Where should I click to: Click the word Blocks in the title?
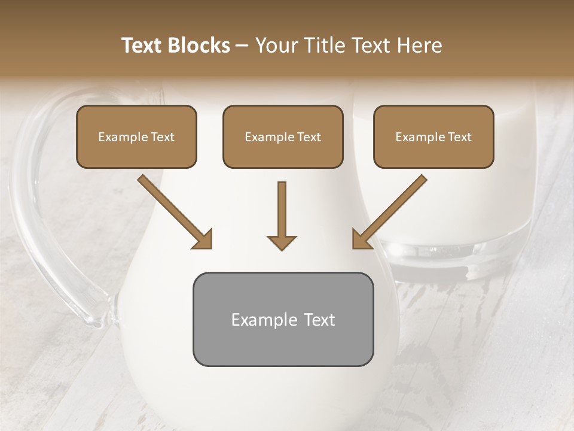pyautogui.click(x=199, y=45)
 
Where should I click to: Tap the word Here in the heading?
pyautogui.click(x=419, y=45)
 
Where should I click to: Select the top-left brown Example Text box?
pyautogui.click(x=136, y=137)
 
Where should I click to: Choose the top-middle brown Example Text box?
pyautogui.click(x=283, y=137)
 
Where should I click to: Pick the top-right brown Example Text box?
pyautogui.click(x=433, y=137)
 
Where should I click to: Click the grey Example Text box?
pyautogui.click(x=283, y=319)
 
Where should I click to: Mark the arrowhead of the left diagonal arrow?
pyautogui.click(x=204, y=239)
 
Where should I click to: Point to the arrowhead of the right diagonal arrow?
pyautogui.click(x=361, y=239)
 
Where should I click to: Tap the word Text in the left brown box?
pyautogui.click(x=161, y=137)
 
